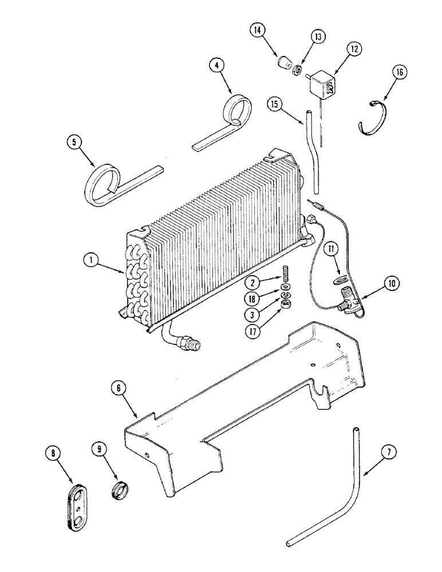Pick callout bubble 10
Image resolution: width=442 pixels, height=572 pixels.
[391, 283]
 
